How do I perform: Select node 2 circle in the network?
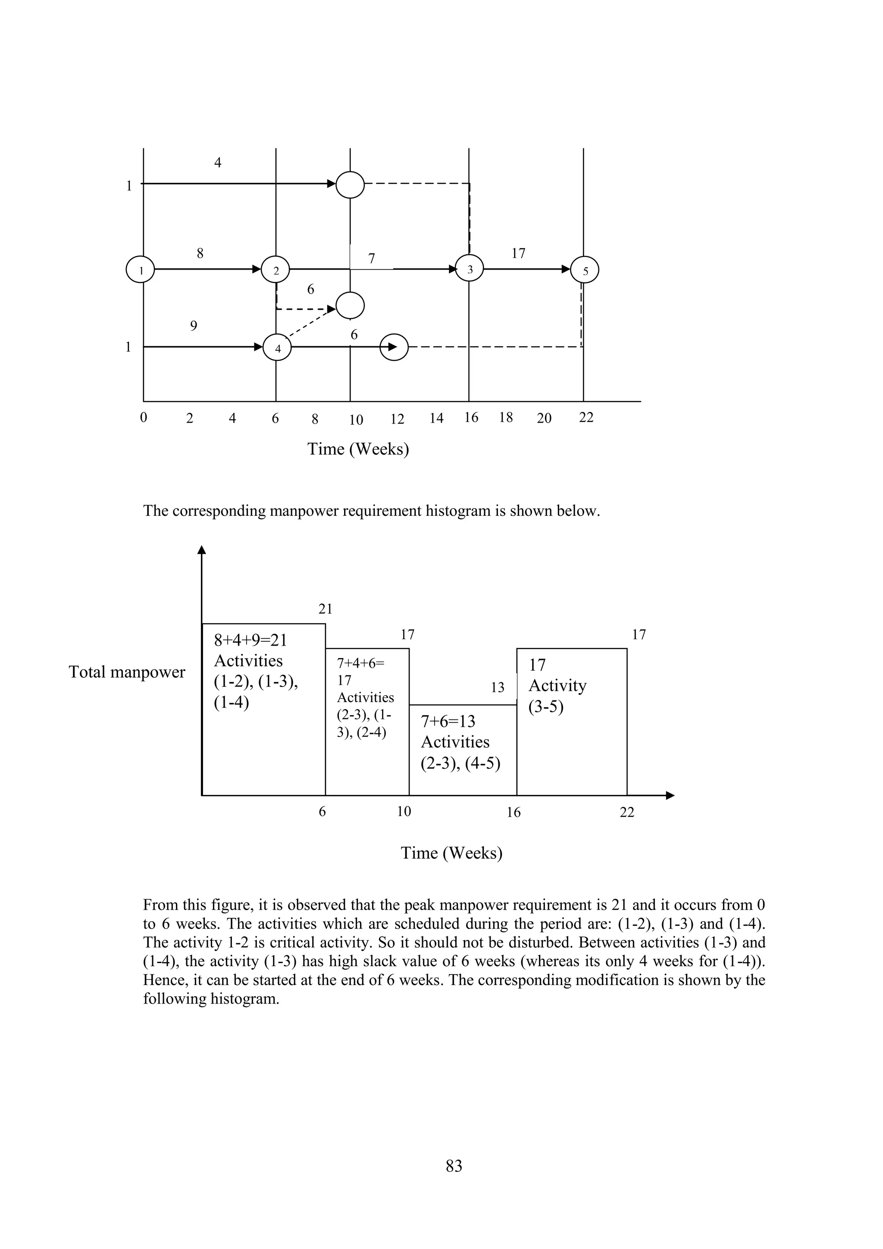[x=276, y=269]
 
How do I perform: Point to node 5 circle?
[x=585, y=270]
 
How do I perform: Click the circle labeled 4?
[x=277, y=348]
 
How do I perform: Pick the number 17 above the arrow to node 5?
[x=518, y=253]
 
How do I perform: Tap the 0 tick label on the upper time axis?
[x=144, y=417]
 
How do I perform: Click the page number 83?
[x=454, y=1166]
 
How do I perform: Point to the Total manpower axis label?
[x=127, y=672]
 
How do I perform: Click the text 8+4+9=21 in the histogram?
[x=250, y=640]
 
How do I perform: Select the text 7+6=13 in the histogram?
[x=448, y=722]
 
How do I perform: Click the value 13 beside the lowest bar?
[x=498, y=687]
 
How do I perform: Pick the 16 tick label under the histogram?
[x=513, y=812]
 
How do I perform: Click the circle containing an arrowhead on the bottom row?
[x=394, y=346]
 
